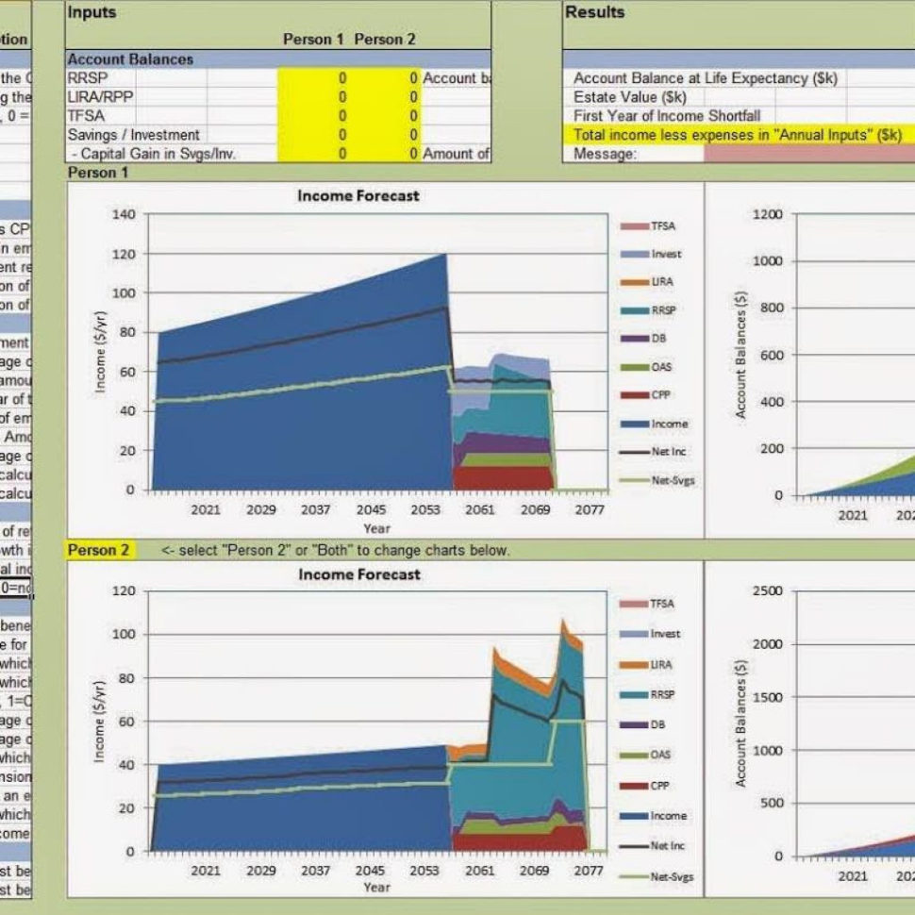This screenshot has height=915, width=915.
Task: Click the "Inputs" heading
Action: (91, 12)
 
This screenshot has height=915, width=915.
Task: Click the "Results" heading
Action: (594, 12)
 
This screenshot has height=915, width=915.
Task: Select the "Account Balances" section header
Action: (130, 59)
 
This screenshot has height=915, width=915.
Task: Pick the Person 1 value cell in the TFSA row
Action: (341, 116)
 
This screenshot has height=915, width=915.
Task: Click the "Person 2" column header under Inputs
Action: (384, 40)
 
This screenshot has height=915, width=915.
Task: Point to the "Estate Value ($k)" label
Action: (629, 97)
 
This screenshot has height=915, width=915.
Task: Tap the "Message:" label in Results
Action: (605, 154)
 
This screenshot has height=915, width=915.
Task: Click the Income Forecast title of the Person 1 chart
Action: (358, 196)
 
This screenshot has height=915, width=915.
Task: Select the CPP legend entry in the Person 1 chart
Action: (659, 395)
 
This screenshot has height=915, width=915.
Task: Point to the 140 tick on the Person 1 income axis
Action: (125, 215)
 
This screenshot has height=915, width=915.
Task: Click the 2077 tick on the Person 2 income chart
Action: (590, 871)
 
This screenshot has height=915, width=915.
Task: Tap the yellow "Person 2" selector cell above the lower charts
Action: (99, 550)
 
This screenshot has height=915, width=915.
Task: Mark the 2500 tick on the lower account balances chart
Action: (765, 591)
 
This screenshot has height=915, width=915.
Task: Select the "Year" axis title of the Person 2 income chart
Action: (376, 888)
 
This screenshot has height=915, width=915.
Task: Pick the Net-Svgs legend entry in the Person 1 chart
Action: (672, 480)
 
